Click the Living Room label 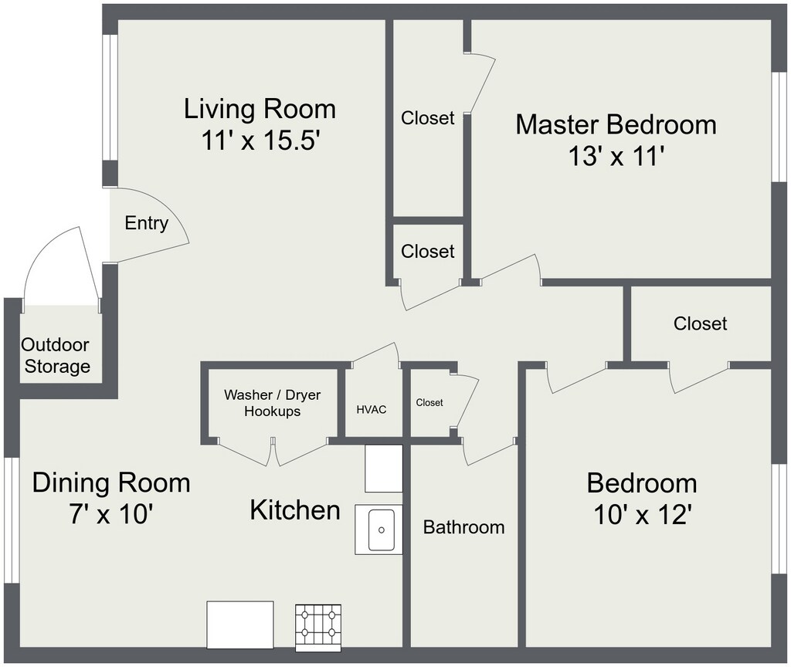point(260,109)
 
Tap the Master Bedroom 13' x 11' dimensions point(615,156)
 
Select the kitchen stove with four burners point(317,628)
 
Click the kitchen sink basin point(382,530)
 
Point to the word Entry point(146,223)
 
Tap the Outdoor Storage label point(56,355)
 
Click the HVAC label point(372,409)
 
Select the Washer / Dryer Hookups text point(273,403)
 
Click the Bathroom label point(463,526)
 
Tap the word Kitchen point(295,510)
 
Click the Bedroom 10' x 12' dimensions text point(642,515)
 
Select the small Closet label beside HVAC point(429,402)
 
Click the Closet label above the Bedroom point(700,323)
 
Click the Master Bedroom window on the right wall point(779,127)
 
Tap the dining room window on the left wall point(12,521)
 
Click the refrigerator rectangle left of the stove point(240,625)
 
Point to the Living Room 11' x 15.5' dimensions point(261,141)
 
